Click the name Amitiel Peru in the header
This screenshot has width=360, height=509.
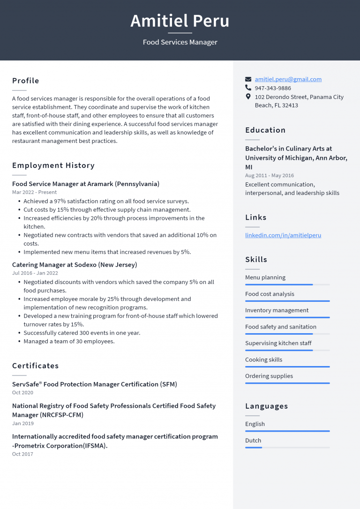[x=180, y=21]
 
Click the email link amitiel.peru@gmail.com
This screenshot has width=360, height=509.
[x=288, y=79]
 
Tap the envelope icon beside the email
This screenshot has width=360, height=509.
[x=248, y=79]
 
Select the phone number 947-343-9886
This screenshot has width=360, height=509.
[x=273, y=88]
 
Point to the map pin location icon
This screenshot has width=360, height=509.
[x=248, y=97]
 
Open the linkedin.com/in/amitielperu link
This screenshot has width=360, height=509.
[x=283, y=235]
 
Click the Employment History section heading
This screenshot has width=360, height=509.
[x=53, y=165]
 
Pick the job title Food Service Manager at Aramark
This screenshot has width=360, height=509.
[x=86, y=184]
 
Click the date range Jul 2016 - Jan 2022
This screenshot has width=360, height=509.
[x=35, y=273]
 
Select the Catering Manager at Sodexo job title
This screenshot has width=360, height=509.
[x=75, y=265]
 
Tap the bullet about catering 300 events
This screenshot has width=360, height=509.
[x=82, y=333]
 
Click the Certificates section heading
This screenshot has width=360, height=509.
[x=36, y=366]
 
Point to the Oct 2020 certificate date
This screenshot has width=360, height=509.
[x=22, y=393]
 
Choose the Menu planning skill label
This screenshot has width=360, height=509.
[x=265, y=277]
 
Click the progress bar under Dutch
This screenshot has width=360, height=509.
[x=287, y=448]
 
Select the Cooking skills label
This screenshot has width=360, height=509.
[x=263, y=359]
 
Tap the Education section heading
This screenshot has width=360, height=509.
[x=265, y=130]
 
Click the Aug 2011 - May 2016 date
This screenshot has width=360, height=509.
[x=270, y=176]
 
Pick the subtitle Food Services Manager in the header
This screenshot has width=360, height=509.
[x=180, y=42]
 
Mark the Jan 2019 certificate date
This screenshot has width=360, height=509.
[x=23, y=424]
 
